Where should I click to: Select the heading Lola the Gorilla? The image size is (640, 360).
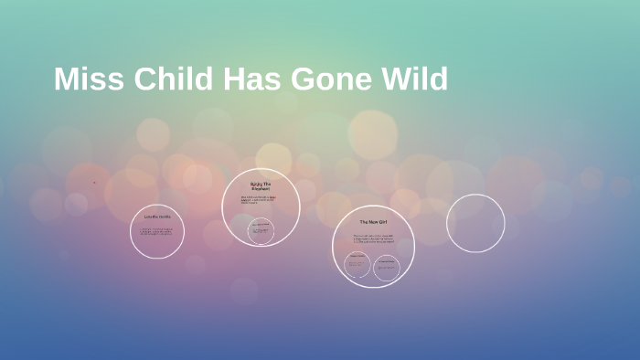(x=156, y=217)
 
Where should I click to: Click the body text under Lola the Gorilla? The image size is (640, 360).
(x=156, y=232)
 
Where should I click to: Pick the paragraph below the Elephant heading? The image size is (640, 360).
(x=260, y=200)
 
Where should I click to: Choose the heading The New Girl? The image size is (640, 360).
(x=374, y=222)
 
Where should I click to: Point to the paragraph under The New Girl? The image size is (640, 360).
(x=373, y=239)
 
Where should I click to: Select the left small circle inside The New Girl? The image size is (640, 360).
(x=357, y=265)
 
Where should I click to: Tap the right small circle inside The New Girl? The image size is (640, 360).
(x=386, y=266)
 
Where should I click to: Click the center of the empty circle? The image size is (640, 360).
(x=475, y=223)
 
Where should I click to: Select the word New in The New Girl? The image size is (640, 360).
(x=373, y=222)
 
